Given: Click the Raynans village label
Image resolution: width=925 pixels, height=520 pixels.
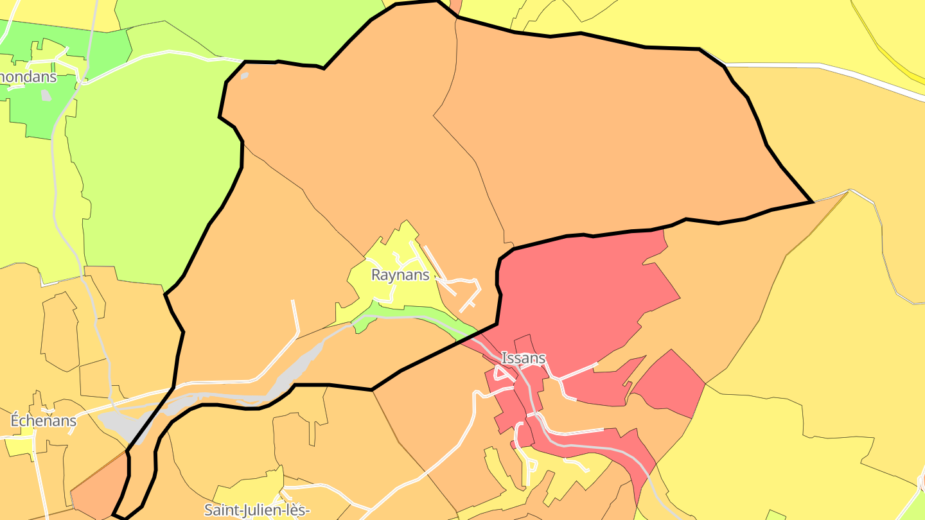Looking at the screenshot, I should pyautogui.click(x=400, y=275).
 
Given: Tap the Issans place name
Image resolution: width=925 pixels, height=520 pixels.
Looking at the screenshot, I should pyautogui.click(x=524, y=358).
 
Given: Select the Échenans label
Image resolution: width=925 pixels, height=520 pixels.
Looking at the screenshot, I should pyautogui.click(x=44, y=421).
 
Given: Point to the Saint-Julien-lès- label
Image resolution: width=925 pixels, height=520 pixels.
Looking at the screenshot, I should pyautogui.click(x=257, y=510).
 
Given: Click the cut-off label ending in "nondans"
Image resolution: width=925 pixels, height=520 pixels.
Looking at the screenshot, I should pyautogui.click(x=28, y=77).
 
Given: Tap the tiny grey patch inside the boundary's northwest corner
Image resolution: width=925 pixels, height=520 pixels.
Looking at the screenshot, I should pyautogui.click(x=244, y=76).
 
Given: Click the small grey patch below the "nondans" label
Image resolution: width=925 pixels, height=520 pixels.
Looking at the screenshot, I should pyautogui.click(x=46, y=95).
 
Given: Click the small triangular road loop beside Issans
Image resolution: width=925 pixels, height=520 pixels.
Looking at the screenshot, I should pyautogui.click(x=501, y=374).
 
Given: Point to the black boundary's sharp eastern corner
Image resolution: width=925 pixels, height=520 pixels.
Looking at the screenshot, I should pyautogui.click(x=813, y=202).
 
